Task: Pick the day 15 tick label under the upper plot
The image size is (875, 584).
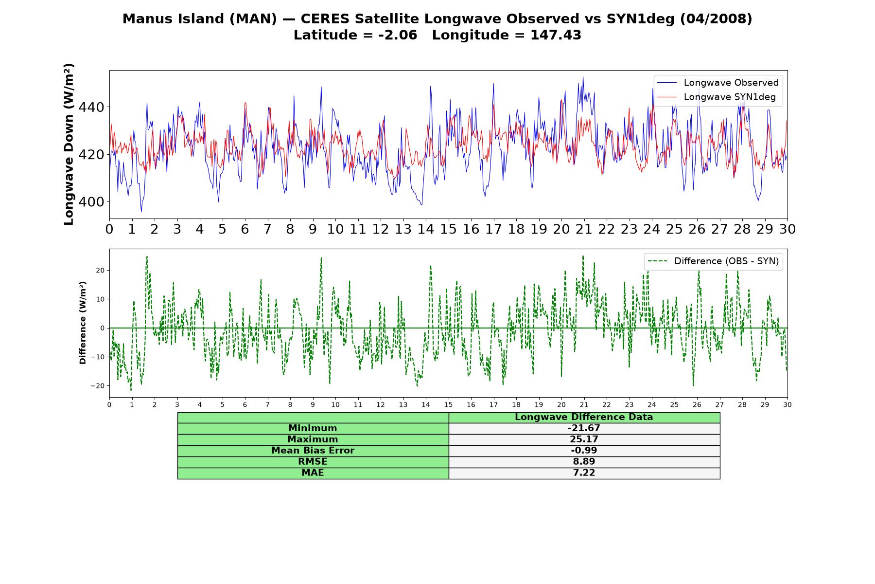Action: click(x=448, y=229)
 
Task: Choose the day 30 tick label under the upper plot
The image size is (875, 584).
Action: click(x=787, y=229)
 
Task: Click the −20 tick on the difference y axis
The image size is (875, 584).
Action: click(x=97, y=386)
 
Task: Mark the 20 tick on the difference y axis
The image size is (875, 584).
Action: click(x=100, y=270)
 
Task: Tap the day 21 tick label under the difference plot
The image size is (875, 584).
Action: click(x=584, y=405)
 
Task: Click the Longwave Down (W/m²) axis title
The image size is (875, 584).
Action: click(x=69, y=144)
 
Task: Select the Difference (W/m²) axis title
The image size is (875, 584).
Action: click(x=83, y=323)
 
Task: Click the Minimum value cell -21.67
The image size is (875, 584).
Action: click(x=584, y=428)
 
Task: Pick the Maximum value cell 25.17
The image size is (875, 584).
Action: click(x=584, y=439)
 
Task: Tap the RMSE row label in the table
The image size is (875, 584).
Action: click(x=313, y=462)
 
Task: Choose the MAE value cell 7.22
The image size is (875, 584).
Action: click(x=584, y=473)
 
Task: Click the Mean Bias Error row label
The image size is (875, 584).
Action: click(x=313, y=451)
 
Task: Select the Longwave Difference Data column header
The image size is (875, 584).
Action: click(x=584, y=417)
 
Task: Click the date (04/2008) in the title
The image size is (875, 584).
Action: click(x=716, y=19)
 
